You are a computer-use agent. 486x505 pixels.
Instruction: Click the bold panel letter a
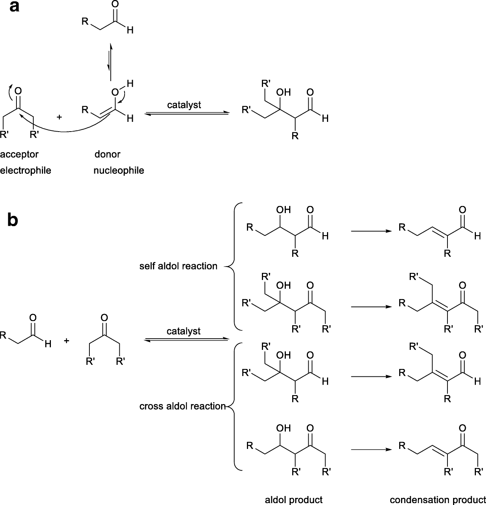[14, 7]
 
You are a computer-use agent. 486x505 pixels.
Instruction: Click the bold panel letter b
[13, 221]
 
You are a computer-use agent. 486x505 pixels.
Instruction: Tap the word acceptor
[19, 154]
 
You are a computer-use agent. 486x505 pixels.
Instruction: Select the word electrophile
[25, 171]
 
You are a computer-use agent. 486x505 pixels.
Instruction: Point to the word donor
[107, 154]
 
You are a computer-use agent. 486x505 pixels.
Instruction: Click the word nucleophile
[119, 171]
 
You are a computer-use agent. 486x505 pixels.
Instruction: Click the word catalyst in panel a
[184, 105]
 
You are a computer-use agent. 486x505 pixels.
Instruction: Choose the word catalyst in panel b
[184, 331]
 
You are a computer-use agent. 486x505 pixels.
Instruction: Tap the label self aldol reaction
[178, 266]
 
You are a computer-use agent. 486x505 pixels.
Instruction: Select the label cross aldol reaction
[183, 406]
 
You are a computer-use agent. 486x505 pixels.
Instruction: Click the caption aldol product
[294, 500]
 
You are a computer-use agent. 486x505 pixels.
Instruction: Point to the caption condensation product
[437, 500]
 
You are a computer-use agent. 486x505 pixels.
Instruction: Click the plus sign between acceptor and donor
[59, 117]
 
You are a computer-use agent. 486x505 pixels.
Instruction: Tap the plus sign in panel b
[67, 341]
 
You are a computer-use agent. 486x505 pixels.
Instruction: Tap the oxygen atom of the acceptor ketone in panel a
[18, 91]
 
